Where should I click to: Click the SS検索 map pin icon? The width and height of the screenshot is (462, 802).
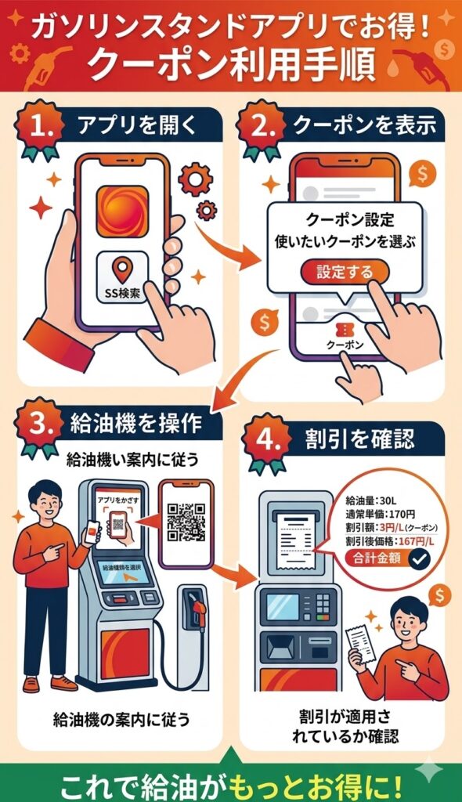tap(121, 270)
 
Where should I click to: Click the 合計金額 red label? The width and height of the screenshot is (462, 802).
tap(377, 558)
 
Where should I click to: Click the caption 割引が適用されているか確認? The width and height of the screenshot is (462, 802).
tap(337, 725)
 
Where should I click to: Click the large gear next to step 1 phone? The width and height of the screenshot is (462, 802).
tap(195, 179)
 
